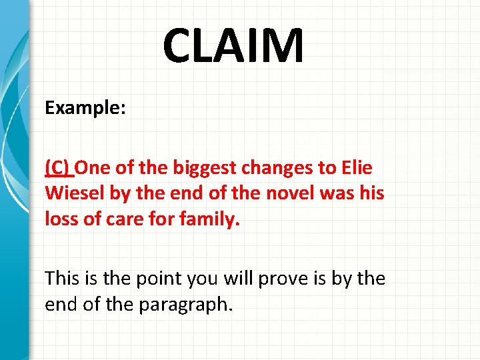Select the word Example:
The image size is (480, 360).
[85, 108]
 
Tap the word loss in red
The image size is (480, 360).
[60, 218]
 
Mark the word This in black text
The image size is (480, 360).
[62, 277]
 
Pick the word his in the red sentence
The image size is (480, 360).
[371, 193]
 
